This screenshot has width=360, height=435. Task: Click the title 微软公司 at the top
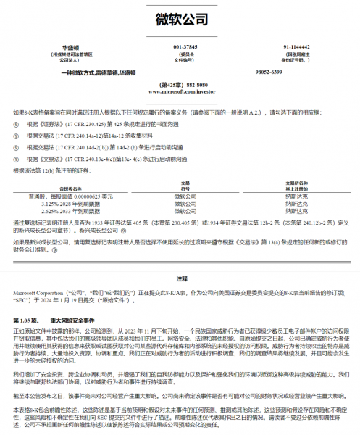(x=180, y=19)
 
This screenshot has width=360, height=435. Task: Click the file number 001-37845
(x=185, y=46)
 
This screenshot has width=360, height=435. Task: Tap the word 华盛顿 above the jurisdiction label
(x=71, y=46)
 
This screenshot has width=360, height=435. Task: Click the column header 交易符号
(x=184, y=184)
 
